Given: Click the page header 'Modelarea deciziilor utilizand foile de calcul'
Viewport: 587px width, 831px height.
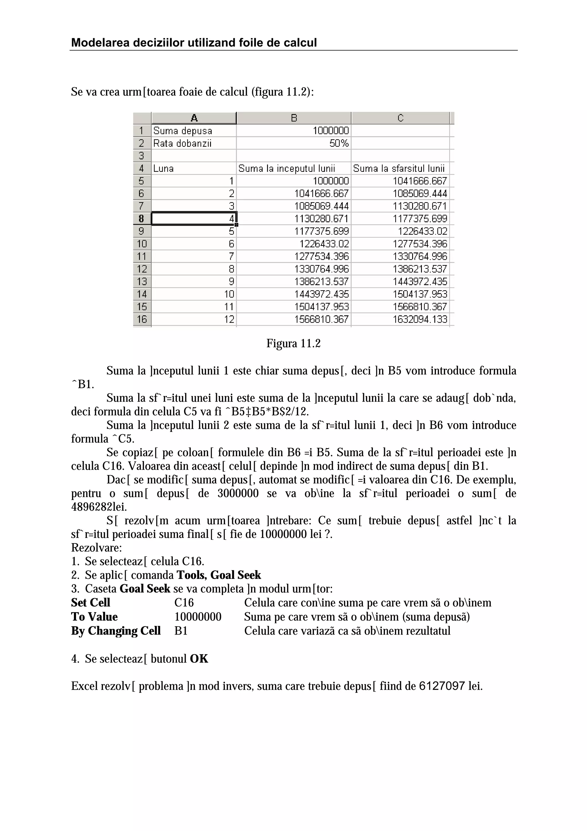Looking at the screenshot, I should coord(194,43).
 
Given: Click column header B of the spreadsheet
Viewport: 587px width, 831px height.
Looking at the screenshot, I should coord(294,118).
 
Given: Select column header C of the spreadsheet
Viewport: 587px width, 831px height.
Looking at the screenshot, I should coord(400,118).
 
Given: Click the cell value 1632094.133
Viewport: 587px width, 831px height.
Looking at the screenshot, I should coord(420,319).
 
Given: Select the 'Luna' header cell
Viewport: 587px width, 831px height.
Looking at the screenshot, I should coord(163,168).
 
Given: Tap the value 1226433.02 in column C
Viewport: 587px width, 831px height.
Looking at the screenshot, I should coord(422,231).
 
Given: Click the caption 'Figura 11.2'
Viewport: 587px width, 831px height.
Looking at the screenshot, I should coord(293,343).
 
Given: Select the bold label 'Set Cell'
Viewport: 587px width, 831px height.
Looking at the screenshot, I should coord(91,603).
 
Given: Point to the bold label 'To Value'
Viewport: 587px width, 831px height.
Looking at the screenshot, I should coord(94,617).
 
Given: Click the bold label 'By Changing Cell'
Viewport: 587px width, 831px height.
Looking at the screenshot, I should coord(116,631).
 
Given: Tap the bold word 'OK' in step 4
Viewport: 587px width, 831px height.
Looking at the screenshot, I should coord(199,659).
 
